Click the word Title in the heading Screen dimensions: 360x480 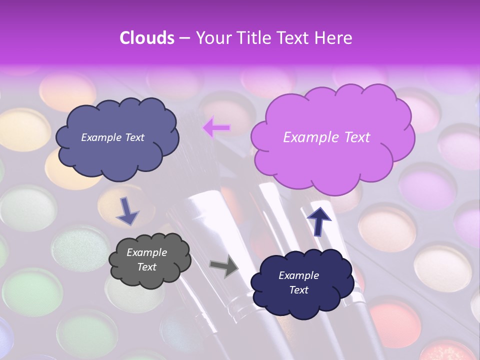point(254,38)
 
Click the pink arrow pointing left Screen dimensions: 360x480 point(216,128)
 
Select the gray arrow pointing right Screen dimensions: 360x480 point(223,266)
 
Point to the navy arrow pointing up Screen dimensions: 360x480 point(319,220)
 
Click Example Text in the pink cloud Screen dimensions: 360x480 point(326,137)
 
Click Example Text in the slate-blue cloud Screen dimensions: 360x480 point(112,137)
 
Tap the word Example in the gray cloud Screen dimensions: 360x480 point(146,252)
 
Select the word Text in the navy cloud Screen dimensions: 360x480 point(298,290)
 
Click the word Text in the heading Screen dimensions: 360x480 point(294,38)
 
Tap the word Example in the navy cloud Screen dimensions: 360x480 point(298,275)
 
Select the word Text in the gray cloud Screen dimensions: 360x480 point(146,267)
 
